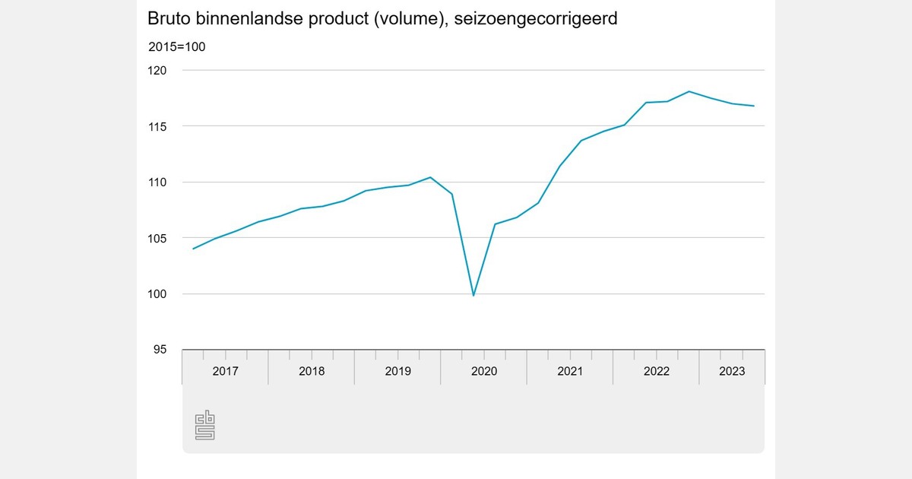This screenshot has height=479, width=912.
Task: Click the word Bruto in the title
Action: [170, 18]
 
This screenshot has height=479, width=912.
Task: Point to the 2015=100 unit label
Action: [176, 47]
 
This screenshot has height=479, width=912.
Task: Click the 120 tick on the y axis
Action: [157, 70]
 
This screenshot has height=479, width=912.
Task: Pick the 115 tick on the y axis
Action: [157, 126]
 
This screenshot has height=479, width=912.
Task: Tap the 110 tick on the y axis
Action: [157, 182]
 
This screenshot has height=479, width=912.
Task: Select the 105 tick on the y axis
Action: [157, 238]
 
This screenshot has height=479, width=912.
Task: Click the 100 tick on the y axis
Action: [157, 294]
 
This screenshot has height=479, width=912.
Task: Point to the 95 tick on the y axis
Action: [160, 350]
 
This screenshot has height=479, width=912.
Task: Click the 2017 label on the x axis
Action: [225, 371]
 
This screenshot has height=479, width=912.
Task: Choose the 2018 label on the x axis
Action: [312, 371]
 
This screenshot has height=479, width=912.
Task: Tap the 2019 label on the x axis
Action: [397, 371]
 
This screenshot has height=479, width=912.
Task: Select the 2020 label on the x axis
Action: [484, 371]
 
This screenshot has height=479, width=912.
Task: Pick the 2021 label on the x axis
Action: [570, 371]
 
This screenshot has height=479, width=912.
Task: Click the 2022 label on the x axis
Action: [657, 371]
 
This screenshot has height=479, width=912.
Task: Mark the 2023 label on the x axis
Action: [732, 371]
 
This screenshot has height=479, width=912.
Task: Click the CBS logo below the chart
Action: [205, 425]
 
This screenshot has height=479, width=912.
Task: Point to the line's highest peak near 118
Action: [689, 91]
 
